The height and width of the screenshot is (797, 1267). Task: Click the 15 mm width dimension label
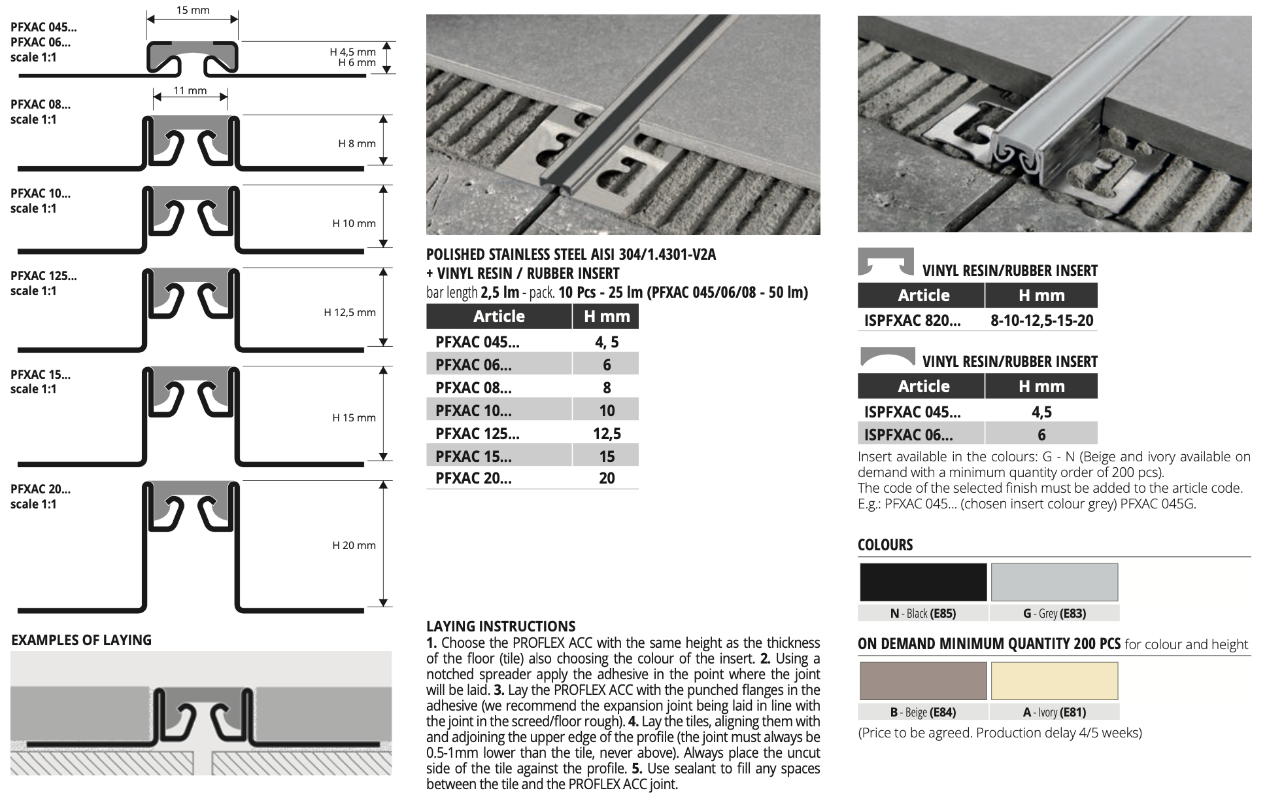click(193, 10)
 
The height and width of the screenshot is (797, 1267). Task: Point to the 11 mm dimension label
click(190, 90)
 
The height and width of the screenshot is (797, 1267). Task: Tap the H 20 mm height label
click(354, 545)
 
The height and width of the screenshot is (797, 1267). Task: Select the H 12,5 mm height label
click(350, 312)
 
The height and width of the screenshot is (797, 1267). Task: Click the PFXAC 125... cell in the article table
click(477, 433)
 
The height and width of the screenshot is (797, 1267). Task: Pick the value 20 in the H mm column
click(607, 478)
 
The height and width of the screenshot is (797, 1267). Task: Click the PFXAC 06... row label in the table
click(473, 364)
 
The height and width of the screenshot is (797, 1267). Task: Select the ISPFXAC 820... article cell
click(912, 321)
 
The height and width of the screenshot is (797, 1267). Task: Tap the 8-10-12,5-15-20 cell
click(1041, 321)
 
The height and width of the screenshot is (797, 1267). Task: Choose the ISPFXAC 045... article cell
click(912, 412)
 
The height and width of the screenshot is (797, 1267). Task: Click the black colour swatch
click(922, 582)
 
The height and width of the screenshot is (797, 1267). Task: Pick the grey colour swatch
click(1054, 582)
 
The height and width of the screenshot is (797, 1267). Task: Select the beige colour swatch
click(922, 681)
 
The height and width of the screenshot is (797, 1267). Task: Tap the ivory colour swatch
click(1054, 681)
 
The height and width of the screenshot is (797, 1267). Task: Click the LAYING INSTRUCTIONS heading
click(501, 626)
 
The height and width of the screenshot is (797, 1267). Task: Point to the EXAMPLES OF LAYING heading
click(81, 640)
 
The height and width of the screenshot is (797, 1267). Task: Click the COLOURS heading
click(885, 544)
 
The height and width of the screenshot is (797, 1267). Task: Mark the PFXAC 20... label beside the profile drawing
click(41, 489)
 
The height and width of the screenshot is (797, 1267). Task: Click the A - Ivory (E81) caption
click(1054, 713)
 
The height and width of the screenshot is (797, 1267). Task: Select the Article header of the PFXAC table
click(499, 317)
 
